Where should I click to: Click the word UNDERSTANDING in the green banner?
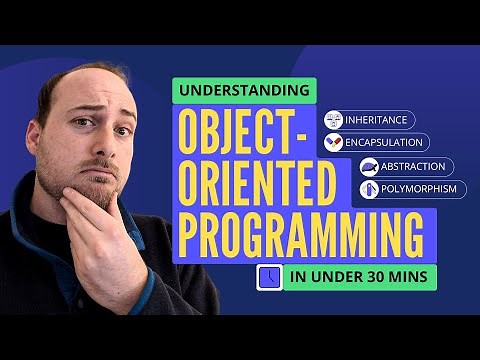[245, 91]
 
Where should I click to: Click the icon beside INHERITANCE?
[334, 120]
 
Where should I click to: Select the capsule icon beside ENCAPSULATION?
[334, 143]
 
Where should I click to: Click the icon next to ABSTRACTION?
[369, 167]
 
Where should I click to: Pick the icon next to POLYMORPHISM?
[369, 189]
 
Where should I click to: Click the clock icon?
[268, 278]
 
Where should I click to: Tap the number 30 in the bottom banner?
[376, 278]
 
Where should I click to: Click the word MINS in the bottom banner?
[411, 278]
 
